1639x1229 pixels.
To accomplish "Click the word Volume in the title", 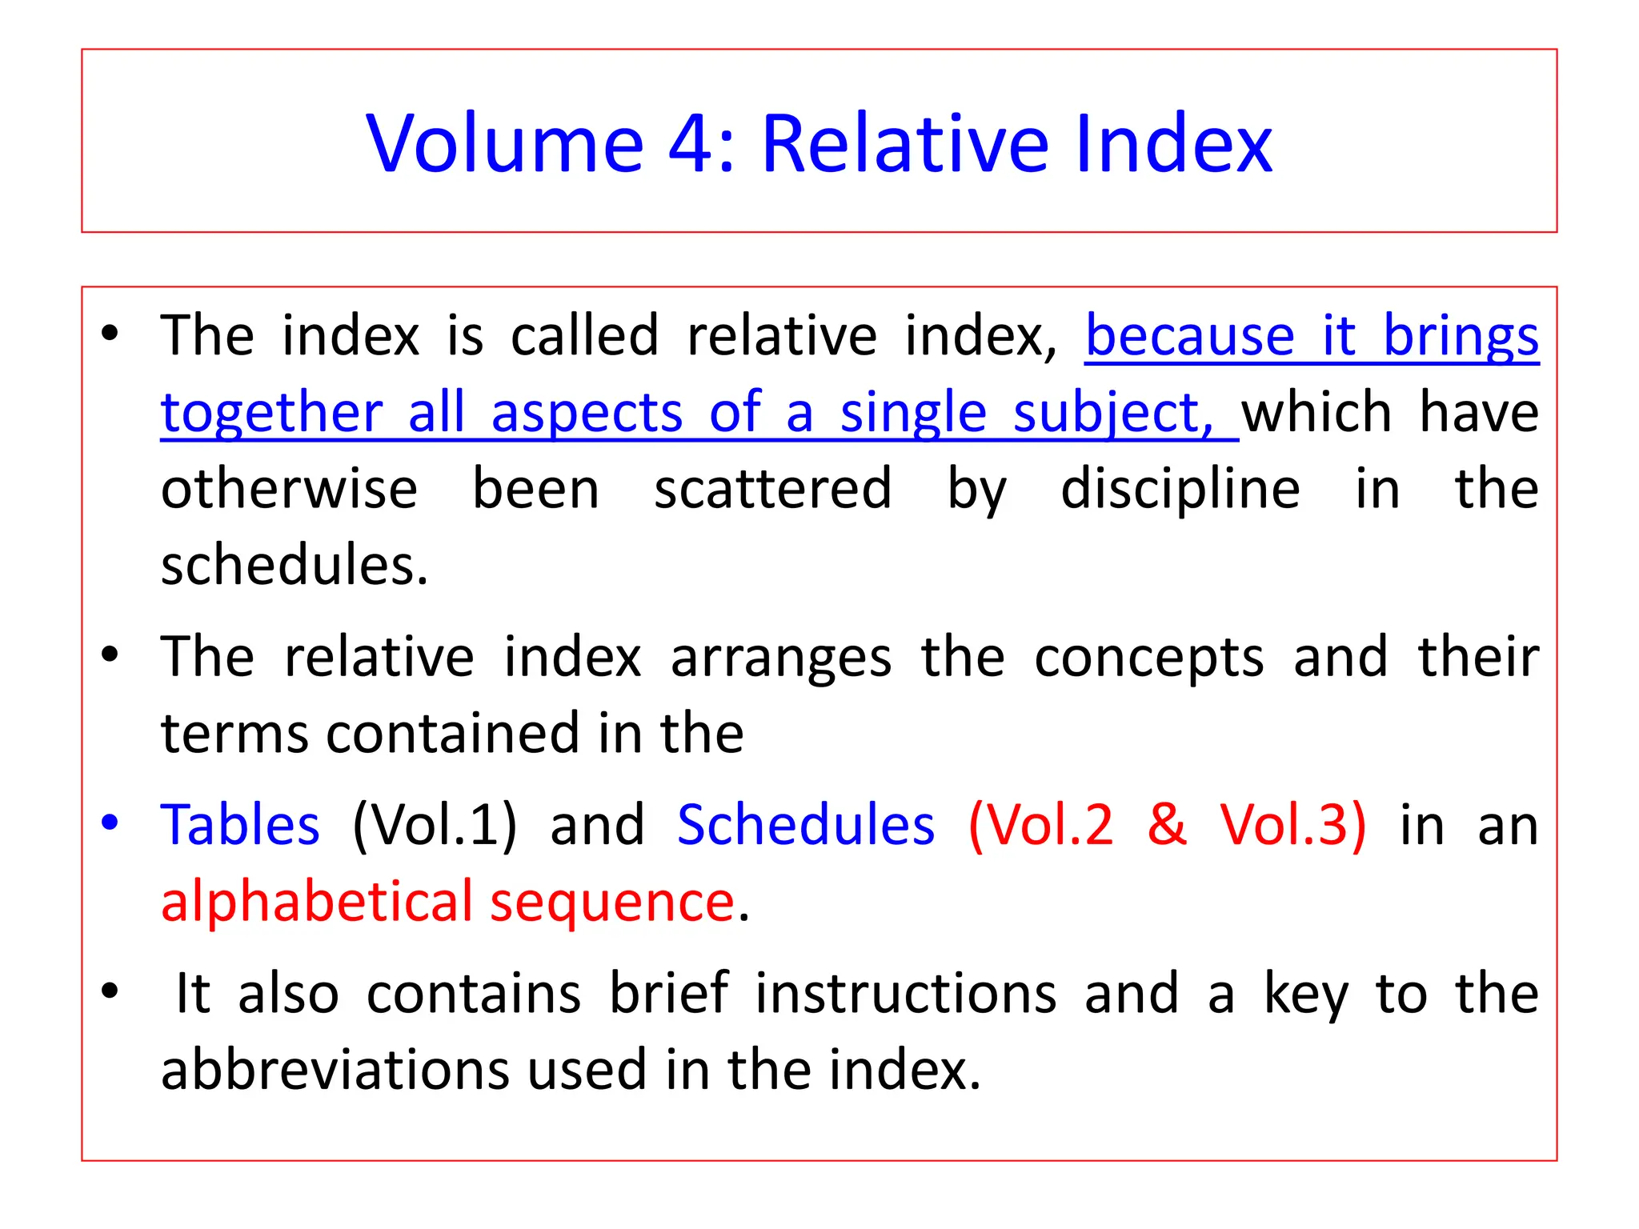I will pyautogui.click(x=505, y=144).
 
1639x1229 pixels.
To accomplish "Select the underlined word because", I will pyautogui.click(x=1189, y=336).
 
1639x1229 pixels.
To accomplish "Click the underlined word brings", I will pyautogui.click(x=1461, y=336).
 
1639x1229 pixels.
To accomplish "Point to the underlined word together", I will pyautogui.click(x=271, y=413).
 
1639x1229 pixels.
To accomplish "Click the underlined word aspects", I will pyautogui.click(x=587, y=413).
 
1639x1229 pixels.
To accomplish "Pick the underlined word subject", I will pyautogui.click(x=1108, y=413).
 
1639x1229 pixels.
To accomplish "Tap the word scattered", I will pyautogui.click(x=772, y=489).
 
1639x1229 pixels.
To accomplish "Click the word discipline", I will pyautogui.click(x=1180, y=489).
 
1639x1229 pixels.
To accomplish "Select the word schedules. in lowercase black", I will pyautogui.click(x=294, y=565).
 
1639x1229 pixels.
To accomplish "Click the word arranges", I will pyautogui.click(x=780, y=658).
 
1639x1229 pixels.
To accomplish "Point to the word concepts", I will pyautogui.click(x=1148, y=658).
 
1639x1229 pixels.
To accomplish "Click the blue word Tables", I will pyautogui.click(x=240, y=825).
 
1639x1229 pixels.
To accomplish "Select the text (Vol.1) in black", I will pyautogui.click(x=435, y=825).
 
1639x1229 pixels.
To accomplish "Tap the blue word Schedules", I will pyautogui.click(x=805, y=825).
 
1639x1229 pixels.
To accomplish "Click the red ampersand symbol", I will pyautogui.click(x=1166, y=825).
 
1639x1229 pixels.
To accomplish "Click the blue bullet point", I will pyautogui.click(x=110, y=822).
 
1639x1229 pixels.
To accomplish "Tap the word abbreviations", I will pyautogui.click(x=335, y=1071).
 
